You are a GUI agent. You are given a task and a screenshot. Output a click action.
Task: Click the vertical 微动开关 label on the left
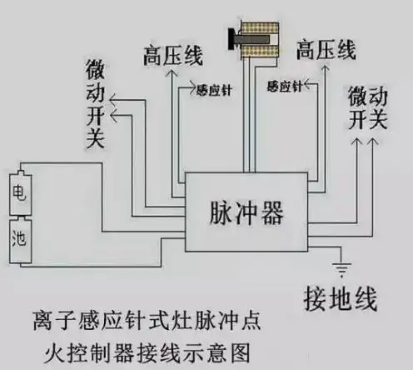(x=94, y=104)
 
